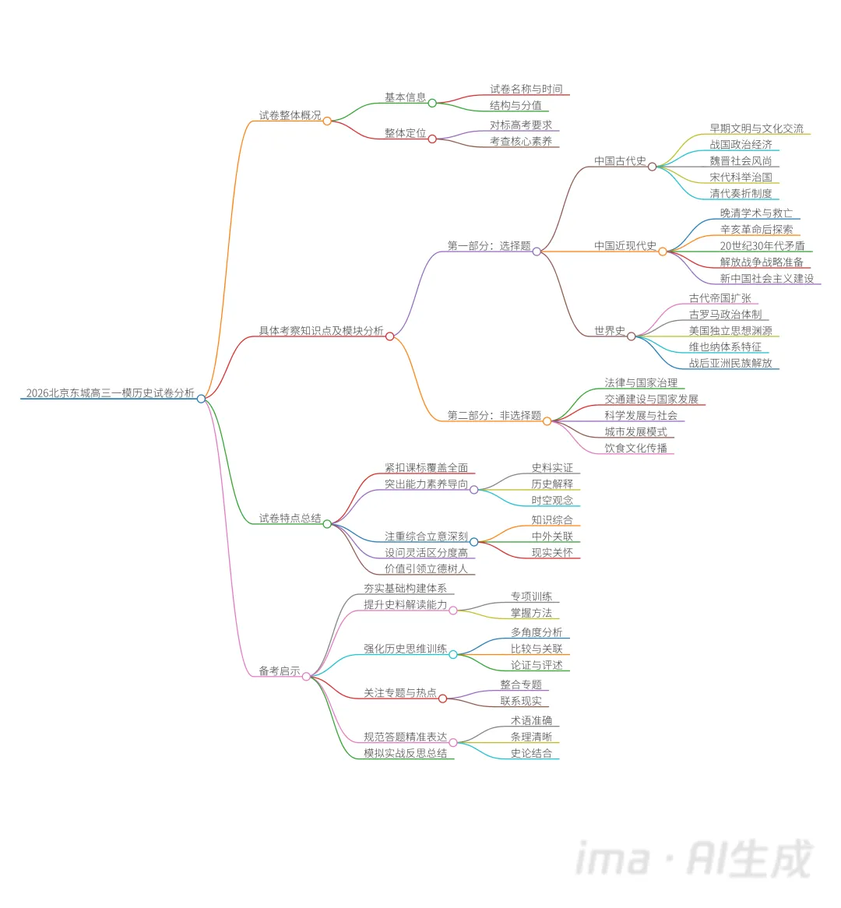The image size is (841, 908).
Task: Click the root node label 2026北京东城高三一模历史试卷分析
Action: [x=110, y=393]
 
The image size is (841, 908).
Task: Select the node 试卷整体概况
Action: [x=290, y=115]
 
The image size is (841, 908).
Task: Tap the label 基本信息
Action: [x=405, y=97]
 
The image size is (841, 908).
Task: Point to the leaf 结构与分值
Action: [x=516, y=105]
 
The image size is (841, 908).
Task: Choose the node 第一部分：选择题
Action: [x=488, y=246]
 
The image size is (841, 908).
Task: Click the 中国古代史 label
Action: [x=620, y=161]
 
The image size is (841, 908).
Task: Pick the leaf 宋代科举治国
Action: [x=741, y=178]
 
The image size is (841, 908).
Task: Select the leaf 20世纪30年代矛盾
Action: [x=762, y=246]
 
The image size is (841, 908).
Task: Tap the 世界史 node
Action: [x=609, y=331]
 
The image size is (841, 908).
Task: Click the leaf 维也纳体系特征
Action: [x=725, y=347]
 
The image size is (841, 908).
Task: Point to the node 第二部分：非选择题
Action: [x=494, y=416]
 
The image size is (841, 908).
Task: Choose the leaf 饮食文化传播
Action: [x=635, y=449]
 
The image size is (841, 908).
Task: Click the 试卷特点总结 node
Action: [x=290, y=519]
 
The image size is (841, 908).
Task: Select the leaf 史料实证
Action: [x=552, y=468]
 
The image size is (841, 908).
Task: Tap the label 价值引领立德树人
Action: [x=426, y=569]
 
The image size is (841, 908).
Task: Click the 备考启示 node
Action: [x=280, y=671]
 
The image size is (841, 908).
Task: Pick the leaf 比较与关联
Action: [x=537, y=649]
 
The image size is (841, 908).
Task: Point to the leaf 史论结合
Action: [x=531, y=753]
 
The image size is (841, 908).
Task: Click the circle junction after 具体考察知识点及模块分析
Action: [x=390, y=336]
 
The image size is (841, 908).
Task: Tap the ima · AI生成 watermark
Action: [x=694, y=859]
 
